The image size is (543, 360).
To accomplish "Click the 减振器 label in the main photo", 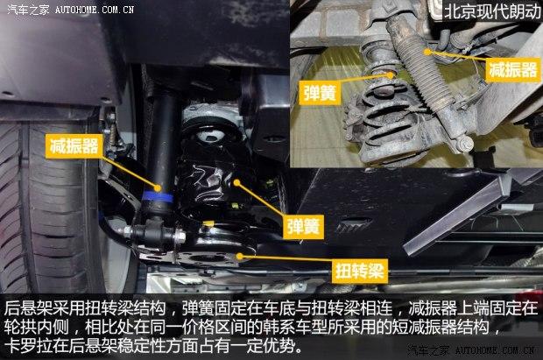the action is click(74, 146).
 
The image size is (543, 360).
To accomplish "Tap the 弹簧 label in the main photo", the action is click(303, 227).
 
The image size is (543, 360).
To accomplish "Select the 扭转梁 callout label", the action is click(359, 271).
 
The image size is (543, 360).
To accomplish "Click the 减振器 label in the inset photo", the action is click(513, 70).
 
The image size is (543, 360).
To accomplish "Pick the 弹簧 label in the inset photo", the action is click(320, 93).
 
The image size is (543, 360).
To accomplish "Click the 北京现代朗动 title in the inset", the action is click(492, 11).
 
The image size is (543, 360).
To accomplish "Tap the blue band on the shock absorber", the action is click(158, 197).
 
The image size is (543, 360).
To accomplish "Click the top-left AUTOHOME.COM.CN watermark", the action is click(95, 10).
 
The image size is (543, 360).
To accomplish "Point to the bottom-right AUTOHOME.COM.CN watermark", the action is click(495, 350).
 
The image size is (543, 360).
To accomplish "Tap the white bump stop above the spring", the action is click(209, 136).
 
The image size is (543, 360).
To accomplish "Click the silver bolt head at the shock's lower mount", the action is click(180, 236).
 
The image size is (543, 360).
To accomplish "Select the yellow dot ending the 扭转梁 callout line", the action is click(239, 257).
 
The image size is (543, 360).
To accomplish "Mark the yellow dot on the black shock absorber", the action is click(158, 188).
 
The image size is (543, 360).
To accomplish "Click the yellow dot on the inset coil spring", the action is click(391, 74).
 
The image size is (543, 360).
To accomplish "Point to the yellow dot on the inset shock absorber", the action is click(428, 52).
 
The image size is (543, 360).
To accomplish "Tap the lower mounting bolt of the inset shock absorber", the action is click(465, 144).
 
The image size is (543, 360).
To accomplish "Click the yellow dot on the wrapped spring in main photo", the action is click(236, 182).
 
